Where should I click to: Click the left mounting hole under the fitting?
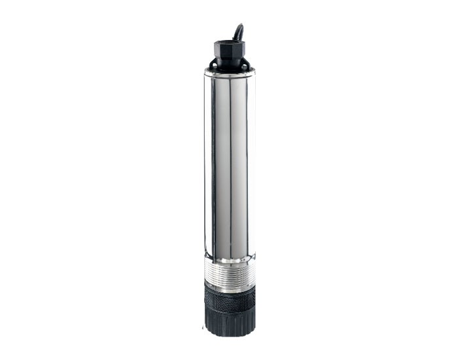click(x=213, y=65)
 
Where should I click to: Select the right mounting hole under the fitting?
click(x=245, y=65)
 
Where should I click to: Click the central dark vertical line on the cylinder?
click(x=230, y=164)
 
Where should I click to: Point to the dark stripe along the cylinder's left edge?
click(x=208, y=164)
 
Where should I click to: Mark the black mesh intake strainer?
click(x=229, y=304)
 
